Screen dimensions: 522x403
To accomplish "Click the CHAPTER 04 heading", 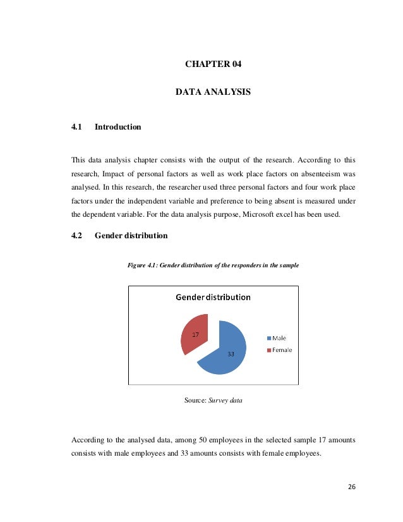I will coord(213,64).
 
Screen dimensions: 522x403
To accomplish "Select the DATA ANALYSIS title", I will coord(213,92).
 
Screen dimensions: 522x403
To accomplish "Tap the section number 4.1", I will coord(77,127).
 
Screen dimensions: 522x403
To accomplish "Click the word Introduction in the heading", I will coord(117,127).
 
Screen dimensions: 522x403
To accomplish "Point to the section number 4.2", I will coord(77,236).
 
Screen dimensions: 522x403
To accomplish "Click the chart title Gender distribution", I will coord(213,297).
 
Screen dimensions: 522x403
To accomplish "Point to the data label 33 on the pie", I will coord(231,355).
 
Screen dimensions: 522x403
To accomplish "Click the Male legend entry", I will coord(278,338).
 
